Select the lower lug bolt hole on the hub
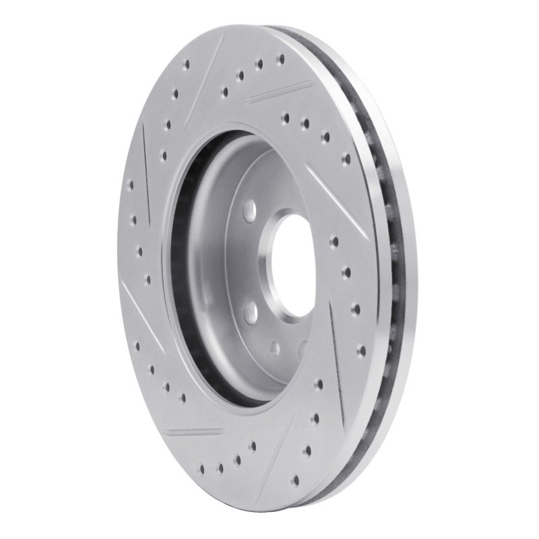pyautogui.click(x=250, y=311)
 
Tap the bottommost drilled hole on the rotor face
pyautogui.click(x=296, y=480)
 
